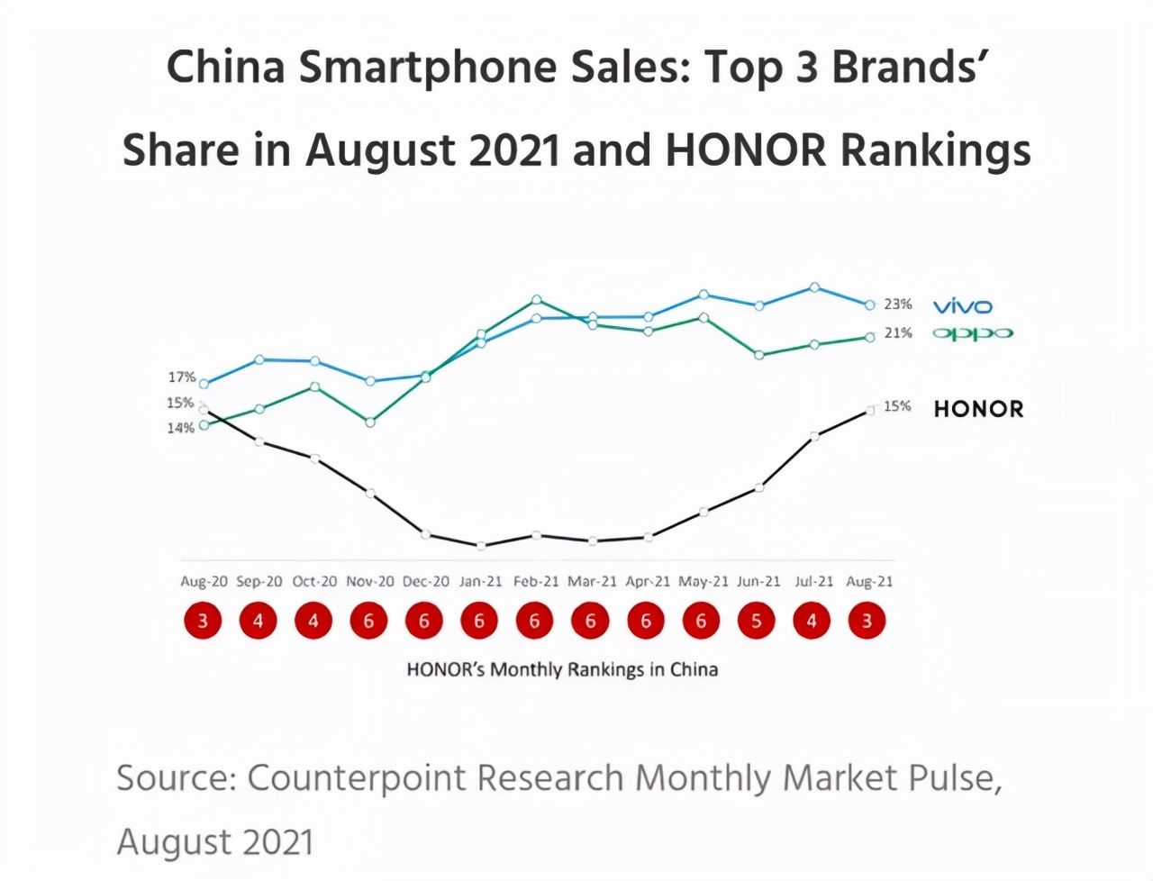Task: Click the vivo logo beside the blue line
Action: pyautogui.click(x=962, y=306)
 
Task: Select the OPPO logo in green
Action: pyautogui.click(x=972, y=333)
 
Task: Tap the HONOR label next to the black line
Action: pyautogui.click(x=978, y=409)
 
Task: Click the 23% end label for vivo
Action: pyautogui.click(x=897, y=304)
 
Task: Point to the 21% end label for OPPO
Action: pyautogui.click(x=897, y=333)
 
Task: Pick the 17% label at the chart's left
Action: pyautogui.click(x=181, y=377)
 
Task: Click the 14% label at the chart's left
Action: pyautogui.click(x=180, y=428)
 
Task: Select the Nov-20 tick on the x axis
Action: pyautogui.click(x=370, y=582)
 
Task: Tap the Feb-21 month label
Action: pyautogui.click(x=537, y=582)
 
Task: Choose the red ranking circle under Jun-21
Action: pyautogui.click(x=757, y=621)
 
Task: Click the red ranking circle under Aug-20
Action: pyautogui.click(x=204, y=621)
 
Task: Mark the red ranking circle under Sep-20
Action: pyautogui.click(x=259, y=621)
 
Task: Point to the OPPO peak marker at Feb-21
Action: pyautogui.click(x=537, y=299)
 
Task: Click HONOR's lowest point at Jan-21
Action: pyautogui.click(x=481, y=545)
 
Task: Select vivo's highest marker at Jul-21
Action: pyautogui.click(x=814, y=287)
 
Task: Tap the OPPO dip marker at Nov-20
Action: pyautogui.click(x=370, y=422)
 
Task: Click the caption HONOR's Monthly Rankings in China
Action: pyautogui.click(x=562, y=669)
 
